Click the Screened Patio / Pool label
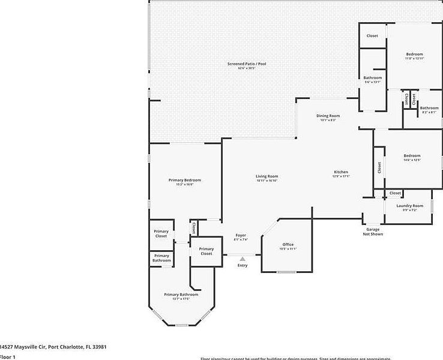[x=246, y=64]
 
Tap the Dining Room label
[x=328, y=116]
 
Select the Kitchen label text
[x=341, y=172]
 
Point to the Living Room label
[x=267, y=176]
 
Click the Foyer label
[x=240, y=235]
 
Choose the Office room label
[x=288, y=244]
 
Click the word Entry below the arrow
[x=242, y=265]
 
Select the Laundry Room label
[x=410, y=206]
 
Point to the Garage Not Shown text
[x=373, y=232]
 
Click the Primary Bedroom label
[x=184, y=180]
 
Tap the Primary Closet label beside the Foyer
[x=206, y=251]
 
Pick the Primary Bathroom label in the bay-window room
[x=181, y=295]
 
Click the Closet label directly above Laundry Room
[x=395, y=193]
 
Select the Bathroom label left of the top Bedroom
[x=372, y=78]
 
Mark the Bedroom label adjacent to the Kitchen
[x=412, y=156]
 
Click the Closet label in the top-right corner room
[x=372, y=36]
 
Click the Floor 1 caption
[x=8, y=357]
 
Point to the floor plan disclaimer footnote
[x=294, y=358]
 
